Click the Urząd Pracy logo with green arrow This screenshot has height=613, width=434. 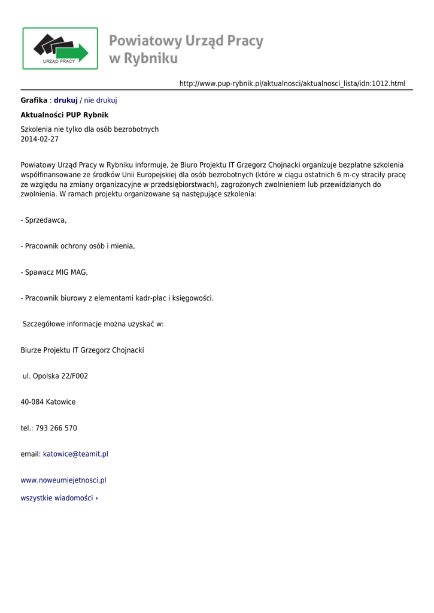click(x=60, y=48)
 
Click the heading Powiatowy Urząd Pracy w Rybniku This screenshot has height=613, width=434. click(x=186, y=49)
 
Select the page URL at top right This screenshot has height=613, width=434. click(x=292, y=83)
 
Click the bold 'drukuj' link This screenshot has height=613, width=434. click(x=66, y=100)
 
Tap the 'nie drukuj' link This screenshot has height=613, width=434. click(x=101, y=100)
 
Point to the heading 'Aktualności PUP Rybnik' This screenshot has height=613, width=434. click(x=65, y=114)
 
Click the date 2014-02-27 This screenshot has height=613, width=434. click(x=40, y=139)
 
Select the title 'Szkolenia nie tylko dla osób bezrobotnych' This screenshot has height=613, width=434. click(x=90, y=129)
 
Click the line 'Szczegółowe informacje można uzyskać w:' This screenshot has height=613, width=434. click(x=93, y=324)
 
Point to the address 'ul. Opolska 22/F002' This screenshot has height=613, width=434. click(x=55, y=376)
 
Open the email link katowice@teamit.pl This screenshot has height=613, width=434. click(x=75, y=454)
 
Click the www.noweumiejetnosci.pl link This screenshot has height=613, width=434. click(x=63, y=480)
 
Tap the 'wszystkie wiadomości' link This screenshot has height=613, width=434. click(x=59, y=498)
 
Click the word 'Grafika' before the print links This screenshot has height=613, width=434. click(x=34, y=100)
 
